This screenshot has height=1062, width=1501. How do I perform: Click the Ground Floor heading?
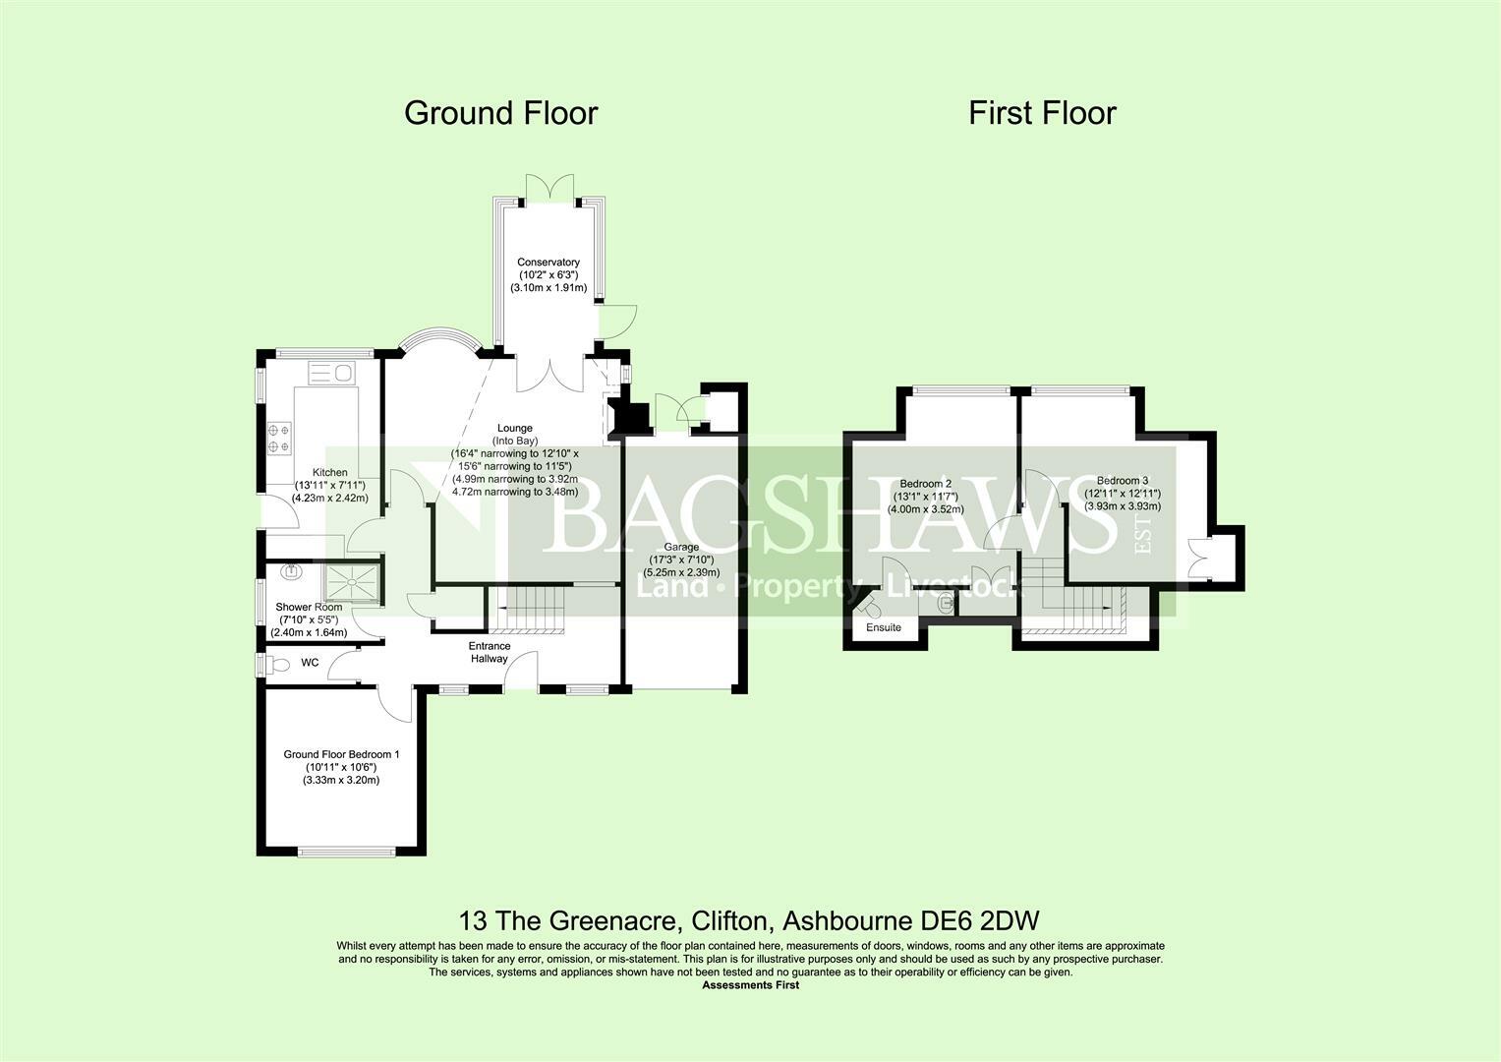click(500, 113)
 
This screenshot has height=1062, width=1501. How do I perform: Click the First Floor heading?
click(1042, 113)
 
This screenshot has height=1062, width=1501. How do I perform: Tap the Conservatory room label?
click(548, 263)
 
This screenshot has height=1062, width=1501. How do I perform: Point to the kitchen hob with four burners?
click(279, 439)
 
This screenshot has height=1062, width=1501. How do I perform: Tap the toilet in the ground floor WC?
click(276, 665)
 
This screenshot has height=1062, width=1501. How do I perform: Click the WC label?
click(310, 663)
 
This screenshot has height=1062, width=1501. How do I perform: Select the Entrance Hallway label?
click(490, 652)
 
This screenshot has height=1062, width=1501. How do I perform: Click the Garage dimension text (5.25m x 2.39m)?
click(681, 572)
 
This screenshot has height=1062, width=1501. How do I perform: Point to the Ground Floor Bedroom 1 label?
click(341, 754)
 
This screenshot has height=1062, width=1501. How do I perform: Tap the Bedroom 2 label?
click(925, 484)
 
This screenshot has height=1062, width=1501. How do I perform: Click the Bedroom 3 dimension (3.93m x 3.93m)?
click(1123, 506)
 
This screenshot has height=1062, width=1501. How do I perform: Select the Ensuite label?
click(883, 627)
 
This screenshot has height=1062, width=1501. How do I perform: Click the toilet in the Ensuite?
click(871, 608)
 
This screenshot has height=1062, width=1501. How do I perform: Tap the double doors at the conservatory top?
click(549, 188)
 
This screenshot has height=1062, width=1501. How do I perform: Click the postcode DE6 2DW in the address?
click(980, 920)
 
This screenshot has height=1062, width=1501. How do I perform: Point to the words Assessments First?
click(751, 985)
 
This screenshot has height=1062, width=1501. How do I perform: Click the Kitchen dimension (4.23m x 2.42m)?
click(330, 499)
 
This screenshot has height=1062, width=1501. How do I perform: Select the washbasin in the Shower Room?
click(292, 572)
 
